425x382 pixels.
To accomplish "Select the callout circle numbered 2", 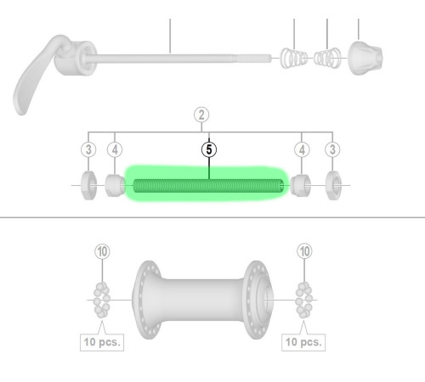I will (201, 115).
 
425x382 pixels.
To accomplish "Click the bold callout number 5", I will (209, 149).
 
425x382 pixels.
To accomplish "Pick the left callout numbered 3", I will (88, 149).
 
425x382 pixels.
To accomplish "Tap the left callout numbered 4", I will (115, 149).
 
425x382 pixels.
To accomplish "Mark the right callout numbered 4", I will (302, 149).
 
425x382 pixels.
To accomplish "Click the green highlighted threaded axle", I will (205, 184).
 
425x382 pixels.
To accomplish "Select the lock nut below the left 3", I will (88, 184).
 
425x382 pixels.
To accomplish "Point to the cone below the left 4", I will (115, 184).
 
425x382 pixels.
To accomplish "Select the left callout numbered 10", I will (102, 251).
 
